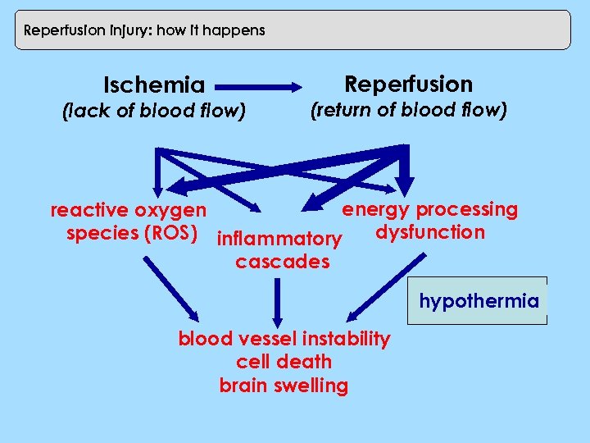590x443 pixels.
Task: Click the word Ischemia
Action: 154,84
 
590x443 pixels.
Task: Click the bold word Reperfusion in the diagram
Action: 408,84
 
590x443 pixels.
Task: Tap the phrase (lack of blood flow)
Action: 154,110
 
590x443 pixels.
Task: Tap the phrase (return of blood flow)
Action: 408,109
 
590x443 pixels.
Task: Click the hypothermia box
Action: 479,301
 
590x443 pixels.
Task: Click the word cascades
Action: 282,263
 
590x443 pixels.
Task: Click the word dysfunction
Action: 430,232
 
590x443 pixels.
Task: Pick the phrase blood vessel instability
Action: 284,339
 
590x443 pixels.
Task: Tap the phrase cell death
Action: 284,362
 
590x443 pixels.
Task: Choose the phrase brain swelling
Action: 284,386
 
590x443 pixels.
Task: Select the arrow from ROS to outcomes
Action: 172,287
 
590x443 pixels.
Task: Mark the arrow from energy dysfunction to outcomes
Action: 385,287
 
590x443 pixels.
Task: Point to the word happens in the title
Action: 237,30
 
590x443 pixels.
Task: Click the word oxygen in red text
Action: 171,211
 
